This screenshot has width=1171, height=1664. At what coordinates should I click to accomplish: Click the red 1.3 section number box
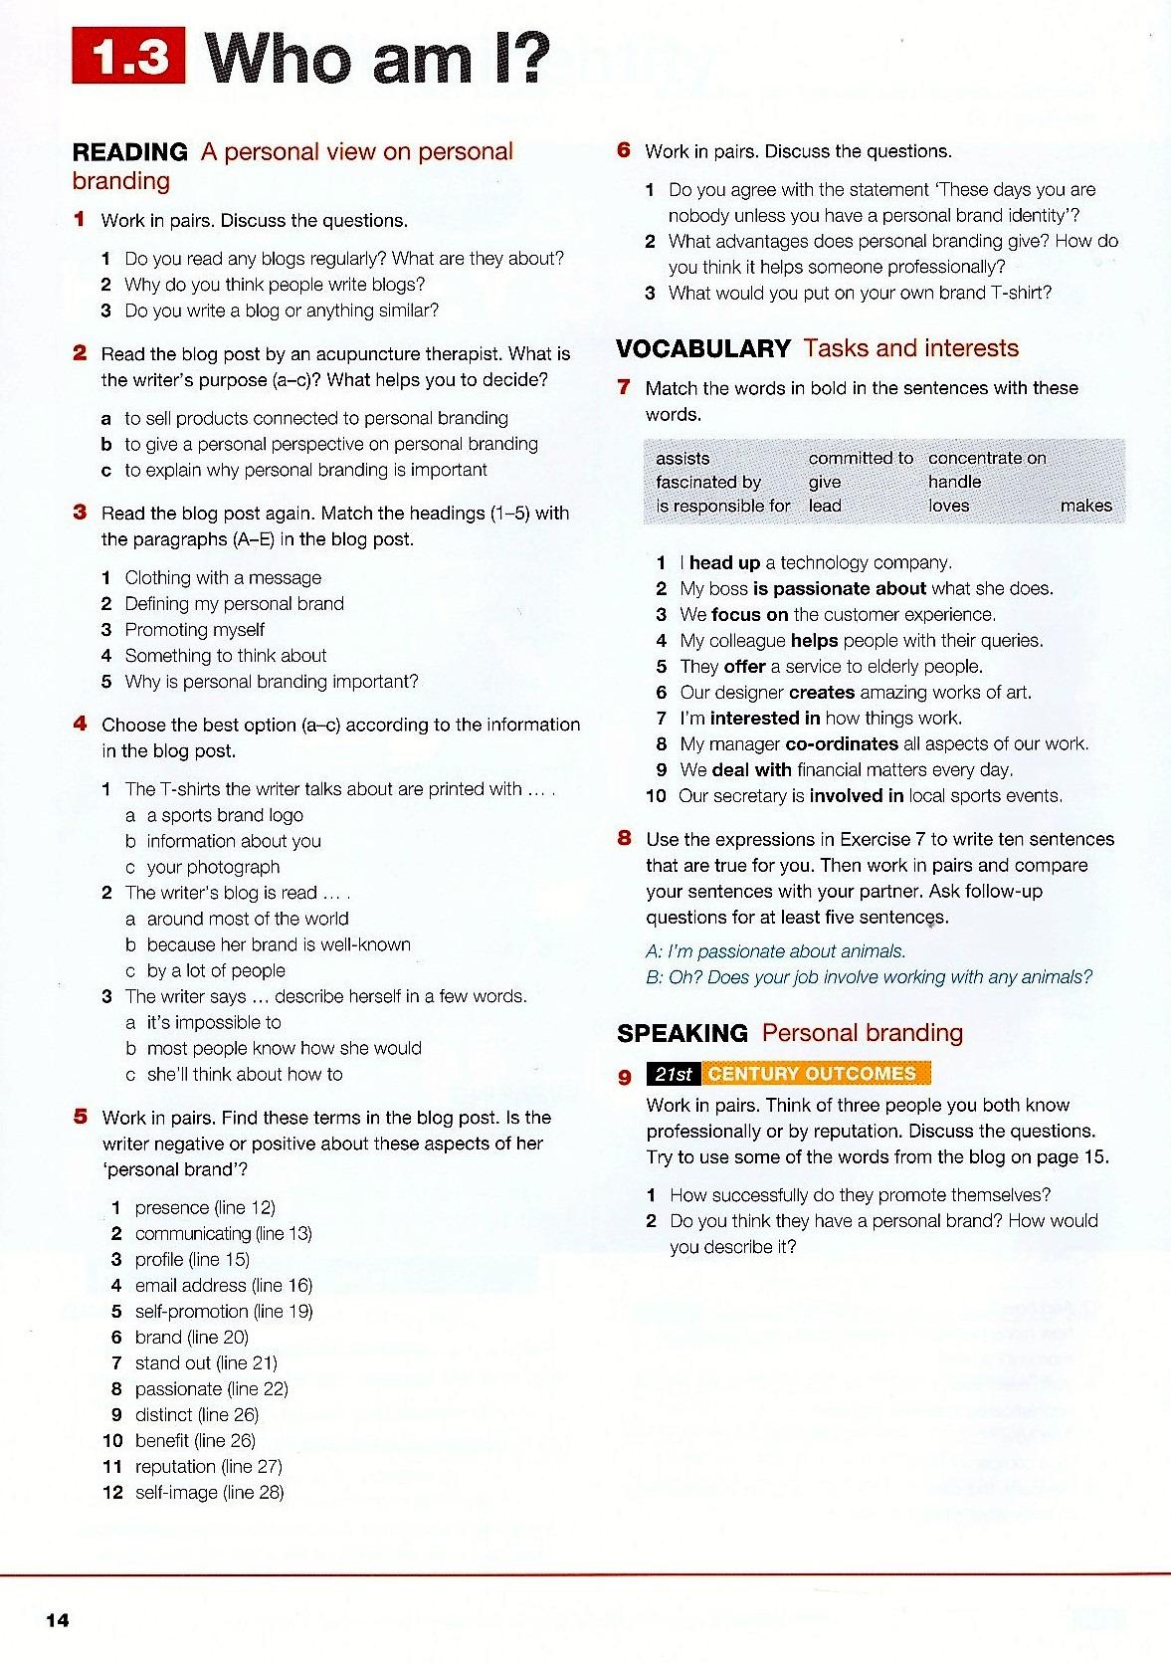pyautogui.click(x=128, y=57)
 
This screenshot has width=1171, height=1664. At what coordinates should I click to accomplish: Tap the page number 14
pyautogui.click(x=58, y=1620)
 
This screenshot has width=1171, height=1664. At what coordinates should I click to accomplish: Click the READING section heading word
pyautogui.click(x=129, y=152)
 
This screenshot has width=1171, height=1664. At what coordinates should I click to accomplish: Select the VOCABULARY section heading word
pyautogui.click(x=702, y=349)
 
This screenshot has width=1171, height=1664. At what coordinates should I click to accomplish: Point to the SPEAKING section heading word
pyautogui.click(x=682, y=1034)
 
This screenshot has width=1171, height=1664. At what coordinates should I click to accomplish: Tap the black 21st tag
pyautogui.click(x=673, y=1074)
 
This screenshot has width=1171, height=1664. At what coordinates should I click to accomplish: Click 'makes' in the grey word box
pyautogui.click(x=1085, y=506)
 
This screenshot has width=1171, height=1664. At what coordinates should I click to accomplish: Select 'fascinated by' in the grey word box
pyautogui.click(x=707, y=482)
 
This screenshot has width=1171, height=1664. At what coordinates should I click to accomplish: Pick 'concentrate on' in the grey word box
pyautogui.click(x=986, y=458)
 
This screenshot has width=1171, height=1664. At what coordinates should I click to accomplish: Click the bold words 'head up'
pyautogui.click(x=724, y=562)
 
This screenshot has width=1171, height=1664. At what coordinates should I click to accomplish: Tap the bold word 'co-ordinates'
pyautogui.click(x=842, y=743)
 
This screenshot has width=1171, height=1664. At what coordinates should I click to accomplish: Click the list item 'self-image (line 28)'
pyautogui.click(x=209, y=1492)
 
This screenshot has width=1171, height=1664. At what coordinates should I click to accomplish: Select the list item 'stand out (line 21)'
pyautogui.click(x=206, y=1362)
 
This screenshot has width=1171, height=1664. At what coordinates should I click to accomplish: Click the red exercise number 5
pyautogui.click(x=81, y=1117)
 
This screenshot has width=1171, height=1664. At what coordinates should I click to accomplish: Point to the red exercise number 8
pyautogui.click(x=624, y=838)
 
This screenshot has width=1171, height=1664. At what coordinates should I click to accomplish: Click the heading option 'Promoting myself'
pyautogui.click(x=194, y=629)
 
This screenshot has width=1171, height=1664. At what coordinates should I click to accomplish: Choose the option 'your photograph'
pyautogui.click(x=213, y=867)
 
